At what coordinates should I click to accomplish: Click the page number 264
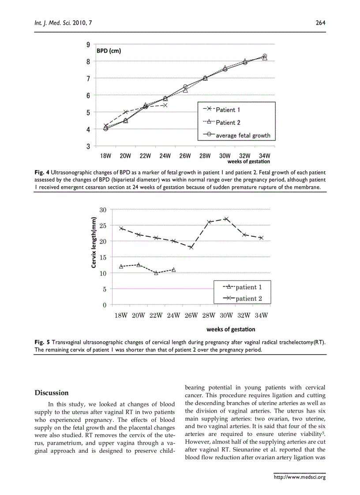(x=320, y=23)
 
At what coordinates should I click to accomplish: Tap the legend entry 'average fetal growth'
(x=243, y=135)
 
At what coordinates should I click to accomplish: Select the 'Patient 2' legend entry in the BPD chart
(x=228, y=123)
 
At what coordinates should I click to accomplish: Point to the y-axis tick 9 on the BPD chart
(x=88, y=45)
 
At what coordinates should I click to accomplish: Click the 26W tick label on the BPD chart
(x=185, y=156)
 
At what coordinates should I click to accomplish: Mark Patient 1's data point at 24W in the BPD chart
(x=165, y=105)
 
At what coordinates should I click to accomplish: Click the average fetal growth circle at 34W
(x=265, y=56)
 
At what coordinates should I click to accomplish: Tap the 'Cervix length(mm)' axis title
(x=94, y=243)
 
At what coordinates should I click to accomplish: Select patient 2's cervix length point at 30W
(x=226, y=219)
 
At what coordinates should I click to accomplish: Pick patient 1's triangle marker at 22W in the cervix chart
(x=156, y=273)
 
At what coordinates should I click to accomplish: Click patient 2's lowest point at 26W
(x=191, y=247)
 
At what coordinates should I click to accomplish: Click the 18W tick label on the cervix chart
(x=121, y=315)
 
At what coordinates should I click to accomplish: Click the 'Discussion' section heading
(x=52, y=393)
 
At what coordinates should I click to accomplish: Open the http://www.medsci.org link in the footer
(x=300, y=477)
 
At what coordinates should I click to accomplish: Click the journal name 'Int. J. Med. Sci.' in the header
(x=52, y=23)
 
